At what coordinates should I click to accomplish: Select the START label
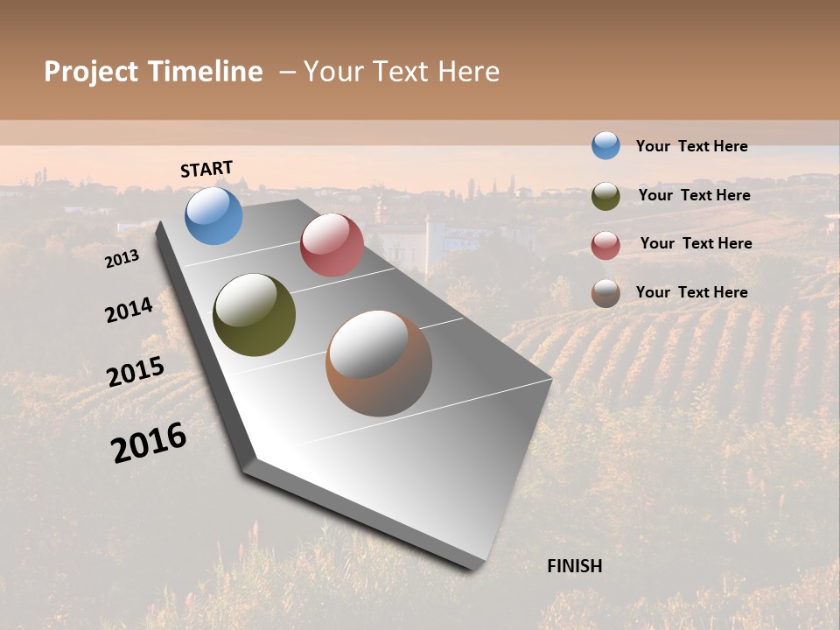(x=206, y=169)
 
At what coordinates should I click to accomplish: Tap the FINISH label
(x=575, y=566)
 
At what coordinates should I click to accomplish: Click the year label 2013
(x=122, y=259)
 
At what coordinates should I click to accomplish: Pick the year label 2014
(x=129, y=310)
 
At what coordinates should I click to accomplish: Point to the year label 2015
(x=136, y=372)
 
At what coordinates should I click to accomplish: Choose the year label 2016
(x=149, y=443)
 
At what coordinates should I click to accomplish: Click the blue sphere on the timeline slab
(x=213, y=215)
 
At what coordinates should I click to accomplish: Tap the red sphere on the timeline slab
(x=332, y=245)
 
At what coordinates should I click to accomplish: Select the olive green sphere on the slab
(x=254, y=315)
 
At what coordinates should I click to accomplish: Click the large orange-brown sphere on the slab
(x=379, y=363)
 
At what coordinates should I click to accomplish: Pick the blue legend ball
(x=605, y=145)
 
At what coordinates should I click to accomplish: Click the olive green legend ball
(x=605, y=195)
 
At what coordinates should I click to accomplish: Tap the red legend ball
(x=605, y=244)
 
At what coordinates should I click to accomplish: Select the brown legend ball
(x=605, y=293)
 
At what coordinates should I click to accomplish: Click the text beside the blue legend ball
(x=692, y=147)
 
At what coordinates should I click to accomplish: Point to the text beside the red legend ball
(x=696, y=243)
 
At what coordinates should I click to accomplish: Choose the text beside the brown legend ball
(x=692, y=292)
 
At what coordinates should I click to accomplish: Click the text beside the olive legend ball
(x=695, y=195)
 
